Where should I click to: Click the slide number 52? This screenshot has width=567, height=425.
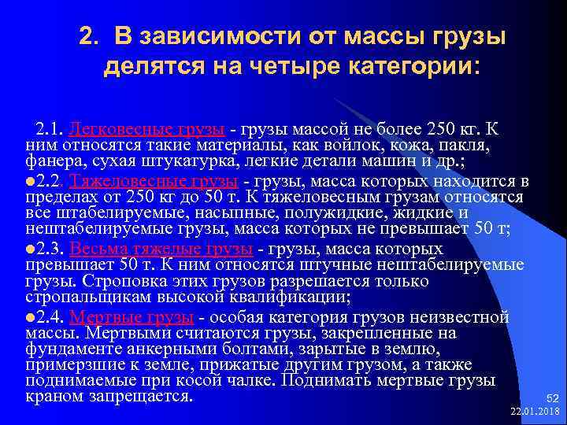550,398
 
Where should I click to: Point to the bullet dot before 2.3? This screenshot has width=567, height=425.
30,249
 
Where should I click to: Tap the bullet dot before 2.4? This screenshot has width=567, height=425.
30,318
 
